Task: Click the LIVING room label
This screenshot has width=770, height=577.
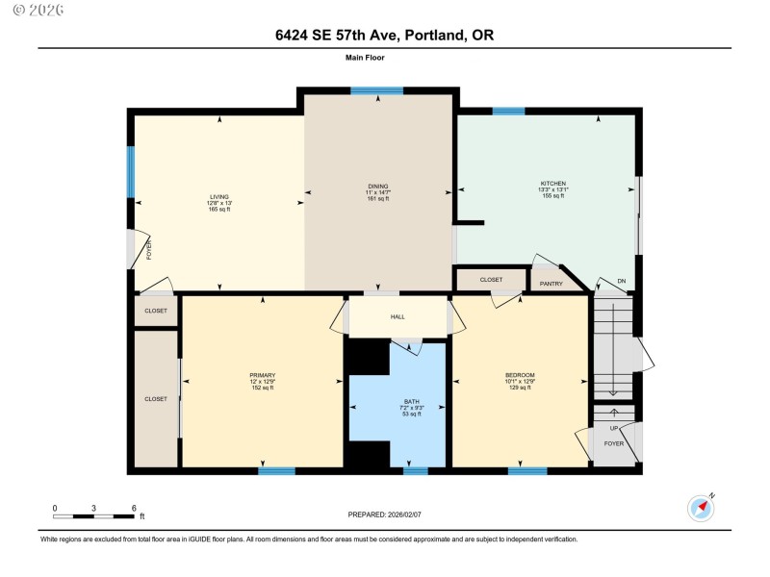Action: (219, 196)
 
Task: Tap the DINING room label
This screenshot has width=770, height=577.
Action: (377, 186)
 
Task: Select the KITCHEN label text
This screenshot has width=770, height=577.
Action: (553, 184)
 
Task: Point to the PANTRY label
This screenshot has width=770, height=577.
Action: (551, 284)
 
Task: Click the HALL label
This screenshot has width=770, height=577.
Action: (398, 316)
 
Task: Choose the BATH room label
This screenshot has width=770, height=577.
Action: (397, 401)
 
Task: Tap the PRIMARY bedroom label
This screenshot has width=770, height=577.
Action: (263, 375)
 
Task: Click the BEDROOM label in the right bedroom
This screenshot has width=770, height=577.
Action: (520, 375)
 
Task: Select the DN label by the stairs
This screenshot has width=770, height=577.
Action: (622, 283)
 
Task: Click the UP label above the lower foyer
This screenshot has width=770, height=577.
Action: (614, 428)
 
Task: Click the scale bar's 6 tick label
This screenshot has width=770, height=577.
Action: (134, 508)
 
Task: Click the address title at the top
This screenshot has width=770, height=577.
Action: (384, 36)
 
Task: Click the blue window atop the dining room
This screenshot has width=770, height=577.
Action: (376, 90)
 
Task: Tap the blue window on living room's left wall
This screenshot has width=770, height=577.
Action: (131, 171)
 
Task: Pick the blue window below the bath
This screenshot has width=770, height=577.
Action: (415, 471)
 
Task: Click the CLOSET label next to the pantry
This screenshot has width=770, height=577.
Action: (491, 280)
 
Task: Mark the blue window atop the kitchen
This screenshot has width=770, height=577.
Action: (508, 112)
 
